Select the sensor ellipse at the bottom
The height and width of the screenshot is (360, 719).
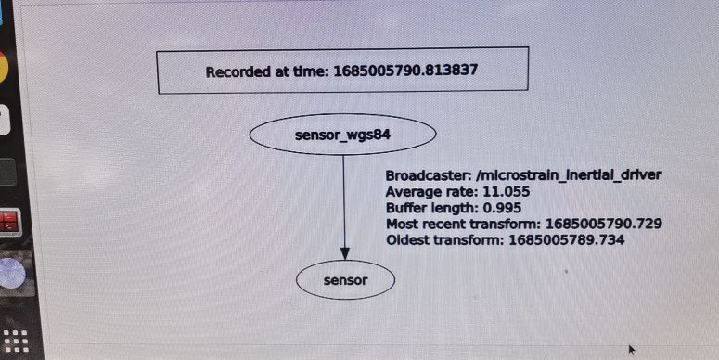(346, 278)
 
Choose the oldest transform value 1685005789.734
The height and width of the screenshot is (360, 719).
(564, 240)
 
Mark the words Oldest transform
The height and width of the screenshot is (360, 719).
(443, 240)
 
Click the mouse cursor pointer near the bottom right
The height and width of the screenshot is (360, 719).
(633, 350)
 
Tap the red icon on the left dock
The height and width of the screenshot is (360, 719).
(9, 223)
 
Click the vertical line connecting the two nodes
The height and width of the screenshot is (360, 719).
(345, 199)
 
